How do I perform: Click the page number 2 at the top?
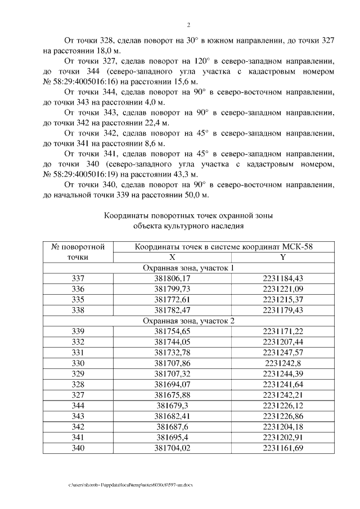(x=188, y=25)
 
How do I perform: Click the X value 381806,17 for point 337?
(x=173, y=278)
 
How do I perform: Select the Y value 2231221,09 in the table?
(x=282, y=289)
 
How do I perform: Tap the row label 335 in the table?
(x=78, y=299)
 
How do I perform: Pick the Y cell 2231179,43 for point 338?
(x=282, y=310)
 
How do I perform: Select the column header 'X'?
(x=173, y=256)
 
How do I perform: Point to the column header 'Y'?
(x=282, y=256)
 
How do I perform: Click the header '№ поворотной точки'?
(x=78, y=251)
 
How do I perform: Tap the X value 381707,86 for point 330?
(x=173, y=363)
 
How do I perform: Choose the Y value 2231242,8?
(x=282, y=363)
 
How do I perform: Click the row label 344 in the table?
(x=78, y=406)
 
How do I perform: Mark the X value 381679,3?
(x=173, y=406)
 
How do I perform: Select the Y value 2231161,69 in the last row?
(x=282, y=448)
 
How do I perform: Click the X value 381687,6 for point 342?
(x=173, y=427)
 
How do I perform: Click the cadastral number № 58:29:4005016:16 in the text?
(x=78, y=82)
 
